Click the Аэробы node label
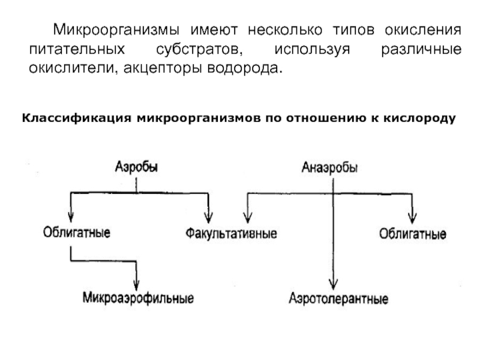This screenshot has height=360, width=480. tap(137, 167)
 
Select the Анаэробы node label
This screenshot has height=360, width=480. tap(329, 167)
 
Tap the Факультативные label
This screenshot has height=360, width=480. tap(232, 233)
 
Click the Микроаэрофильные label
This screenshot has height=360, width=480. tap(139, 298)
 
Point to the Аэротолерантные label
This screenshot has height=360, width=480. tap(338, 298)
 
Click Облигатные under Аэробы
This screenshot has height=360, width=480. tap(77, 232)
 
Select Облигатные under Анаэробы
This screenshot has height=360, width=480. tap(413, 234)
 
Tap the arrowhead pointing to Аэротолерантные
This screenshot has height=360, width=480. tap(334, 284)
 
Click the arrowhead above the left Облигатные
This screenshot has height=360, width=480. tap(71, 217)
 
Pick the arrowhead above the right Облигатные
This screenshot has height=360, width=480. tap(412, 218)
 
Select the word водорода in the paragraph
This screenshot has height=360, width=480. tap(244, 68)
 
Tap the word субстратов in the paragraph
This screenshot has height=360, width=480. tap(200, 49)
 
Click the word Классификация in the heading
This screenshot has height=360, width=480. tap(77, 118)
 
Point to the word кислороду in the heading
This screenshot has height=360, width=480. tap(419, 118)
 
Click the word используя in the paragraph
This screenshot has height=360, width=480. tap(312, 50)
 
